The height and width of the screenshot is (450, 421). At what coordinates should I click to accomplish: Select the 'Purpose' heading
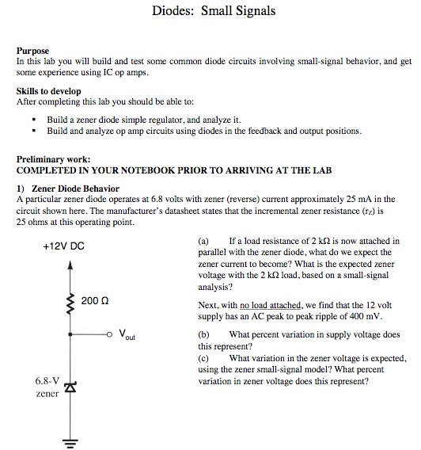(32, 51)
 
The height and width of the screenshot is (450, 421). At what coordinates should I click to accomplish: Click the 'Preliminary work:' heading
(53, 159)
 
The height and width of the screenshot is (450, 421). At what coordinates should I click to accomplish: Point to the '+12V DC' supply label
(63, 246)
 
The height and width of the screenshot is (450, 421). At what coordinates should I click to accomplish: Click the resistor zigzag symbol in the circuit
(70, 303)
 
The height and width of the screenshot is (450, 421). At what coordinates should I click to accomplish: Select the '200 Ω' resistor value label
(94, 300)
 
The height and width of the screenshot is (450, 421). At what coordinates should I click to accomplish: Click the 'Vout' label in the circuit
(127, 335)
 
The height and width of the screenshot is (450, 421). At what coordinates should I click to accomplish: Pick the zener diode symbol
(70, 387)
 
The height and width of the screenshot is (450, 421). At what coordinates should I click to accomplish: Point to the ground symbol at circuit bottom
(70, 442)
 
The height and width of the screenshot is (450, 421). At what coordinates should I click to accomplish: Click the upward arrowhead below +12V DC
(70, 267)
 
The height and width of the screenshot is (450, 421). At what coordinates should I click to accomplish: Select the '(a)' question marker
(203, 241)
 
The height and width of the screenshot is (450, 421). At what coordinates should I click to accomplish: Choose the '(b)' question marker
(203, 335)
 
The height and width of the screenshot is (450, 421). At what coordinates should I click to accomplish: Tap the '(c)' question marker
(203, 358)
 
